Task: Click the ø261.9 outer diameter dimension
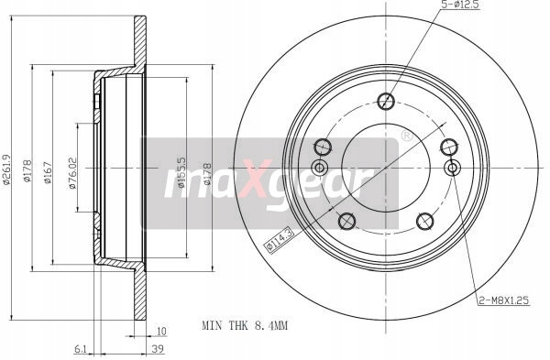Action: tap(6, 169)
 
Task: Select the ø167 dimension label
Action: tap(48, 172)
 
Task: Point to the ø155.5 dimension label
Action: tap(181, 172)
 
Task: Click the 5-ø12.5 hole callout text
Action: tap(459, 5)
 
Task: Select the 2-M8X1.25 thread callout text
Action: tap(504, 300)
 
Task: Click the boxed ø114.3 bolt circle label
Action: tap(279, 239)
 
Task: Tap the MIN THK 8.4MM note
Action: tap(245, 325)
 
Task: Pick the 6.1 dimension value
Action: tap(81, 349)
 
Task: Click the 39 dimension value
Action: tap(158, 349)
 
